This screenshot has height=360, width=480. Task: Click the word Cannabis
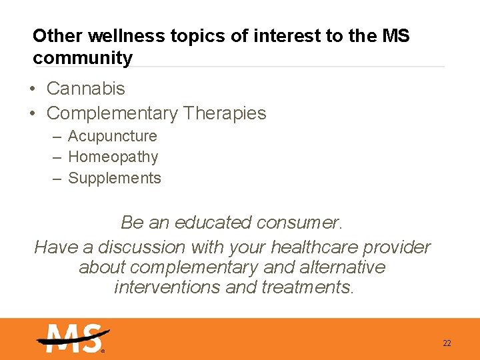tap(85, 88)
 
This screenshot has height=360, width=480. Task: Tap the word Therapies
tap(224, 113)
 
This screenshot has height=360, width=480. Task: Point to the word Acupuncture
tap(113, 136)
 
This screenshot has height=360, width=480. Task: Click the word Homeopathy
tap(113, 157)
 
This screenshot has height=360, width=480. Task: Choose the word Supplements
tap(115, 179)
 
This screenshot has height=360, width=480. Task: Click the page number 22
tap(447, 343)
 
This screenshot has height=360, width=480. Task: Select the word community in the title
tap(83, 58)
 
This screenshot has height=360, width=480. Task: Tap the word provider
tap(401, 247)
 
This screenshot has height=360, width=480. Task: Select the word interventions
tap(167, 287)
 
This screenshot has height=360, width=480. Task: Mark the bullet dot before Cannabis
tap(33, 89)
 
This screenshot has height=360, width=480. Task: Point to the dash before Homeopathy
tap(57, 158)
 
